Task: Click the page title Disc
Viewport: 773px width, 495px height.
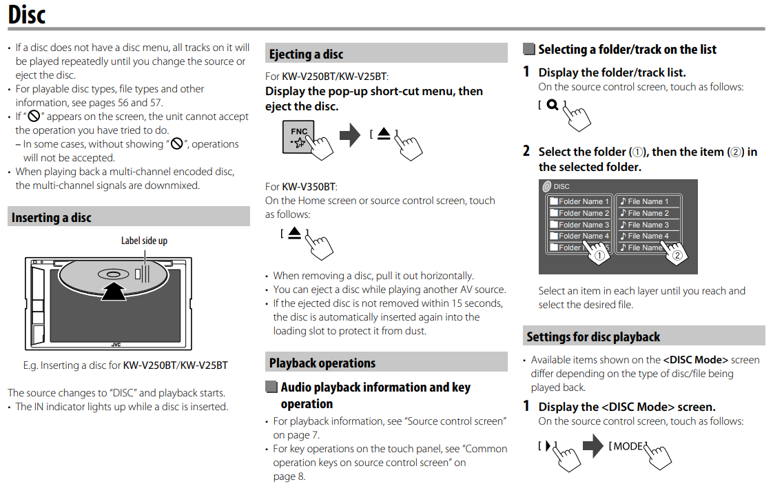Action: coord(27,14)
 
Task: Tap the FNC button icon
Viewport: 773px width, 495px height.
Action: coord(298,136)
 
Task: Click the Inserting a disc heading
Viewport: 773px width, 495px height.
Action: coord(52,217)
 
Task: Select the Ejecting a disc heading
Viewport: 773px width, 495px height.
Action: coord(306,54)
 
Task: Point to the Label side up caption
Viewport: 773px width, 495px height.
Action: coord(144,241)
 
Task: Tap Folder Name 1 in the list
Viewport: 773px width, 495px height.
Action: coord(579,201)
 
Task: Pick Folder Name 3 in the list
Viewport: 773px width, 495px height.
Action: coord(579,225)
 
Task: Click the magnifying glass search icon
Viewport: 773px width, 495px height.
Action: coord(552,105)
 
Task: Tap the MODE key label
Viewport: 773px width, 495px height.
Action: coord(628,446)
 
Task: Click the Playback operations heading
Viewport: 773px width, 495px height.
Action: coord(322,363)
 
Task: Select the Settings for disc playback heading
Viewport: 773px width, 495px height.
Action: coord(592,336)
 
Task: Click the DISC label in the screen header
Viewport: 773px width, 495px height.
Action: coord(561,186)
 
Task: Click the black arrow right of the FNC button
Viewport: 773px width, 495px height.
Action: coord(350,134)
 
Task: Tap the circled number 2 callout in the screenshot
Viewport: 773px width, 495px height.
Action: coord(677,255)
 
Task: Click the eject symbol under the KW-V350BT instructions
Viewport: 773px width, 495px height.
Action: coord(295,234)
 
